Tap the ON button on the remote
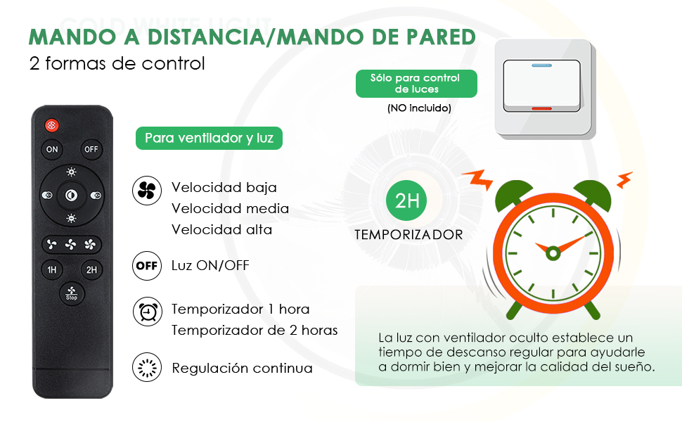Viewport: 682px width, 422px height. click(52, 149)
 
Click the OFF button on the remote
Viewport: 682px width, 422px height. click(91, 149)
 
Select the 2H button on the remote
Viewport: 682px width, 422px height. click(91, 270)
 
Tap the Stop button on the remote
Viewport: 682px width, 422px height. click(72, 293)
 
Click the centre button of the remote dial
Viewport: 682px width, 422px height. click(71, 195)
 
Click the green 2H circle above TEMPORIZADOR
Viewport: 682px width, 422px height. click(406, 200)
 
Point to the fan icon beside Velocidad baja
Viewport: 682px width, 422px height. click(147, 191)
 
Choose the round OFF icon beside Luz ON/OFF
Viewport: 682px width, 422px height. click(147, 265)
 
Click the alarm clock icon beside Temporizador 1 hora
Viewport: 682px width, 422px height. click(148, 312)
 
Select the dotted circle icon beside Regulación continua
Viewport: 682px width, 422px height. click(147, 367)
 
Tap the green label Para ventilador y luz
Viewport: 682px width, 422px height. click(210, 139)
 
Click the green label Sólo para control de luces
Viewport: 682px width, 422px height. click(416, 84)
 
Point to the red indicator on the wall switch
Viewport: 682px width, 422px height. click(541, 108)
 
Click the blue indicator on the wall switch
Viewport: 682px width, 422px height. click(542, 65)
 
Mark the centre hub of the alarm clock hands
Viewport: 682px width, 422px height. click(553, 252)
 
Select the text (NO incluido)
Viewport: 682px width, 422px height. click(419, 108)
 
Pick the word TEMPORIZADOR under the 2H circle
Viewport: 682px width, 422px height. click(409, 235)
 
